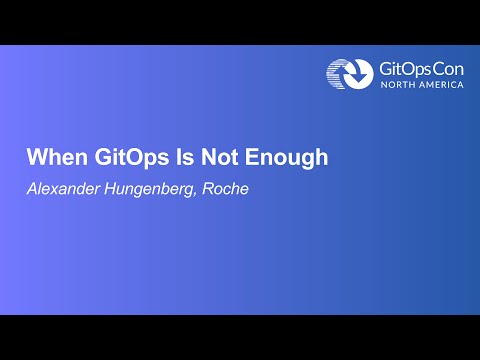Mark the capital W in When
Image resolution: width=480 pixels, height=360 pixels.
[35, 158]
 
